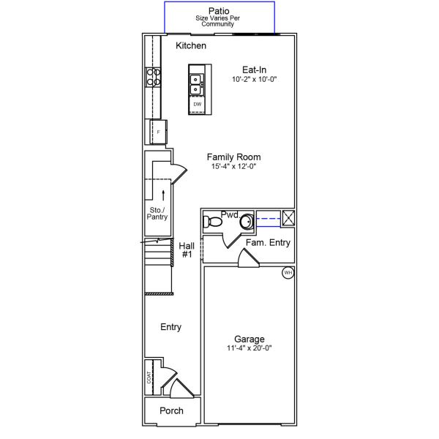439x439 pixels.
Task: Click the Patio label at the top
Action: (219, 10)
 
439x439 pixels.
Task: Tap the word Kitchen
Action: (191, 46)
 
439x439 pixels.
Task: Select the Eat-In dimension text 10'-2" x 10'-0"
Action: (255, 78)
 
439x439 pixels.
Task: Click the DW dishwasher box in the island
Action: (197, 105)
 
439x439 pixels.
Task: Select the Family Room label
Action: (233, 157)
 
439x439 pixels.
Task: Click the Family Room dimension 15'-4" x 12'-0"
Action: (233, 166)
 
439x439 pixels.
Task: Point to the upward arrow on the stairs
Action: (163, 193)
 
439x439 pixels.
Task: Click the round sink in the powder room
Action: (247, 220)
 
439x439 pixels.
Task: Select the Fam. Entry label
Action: (267, 243)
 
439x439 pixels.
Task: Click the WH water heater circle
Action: (288, 273)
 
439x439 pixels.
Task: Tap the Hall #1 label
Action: (186, 250)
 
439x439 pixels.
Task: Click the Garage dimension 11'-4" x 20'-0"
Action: (249, 348)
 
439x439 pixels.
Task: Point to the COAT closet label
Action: (149, 377)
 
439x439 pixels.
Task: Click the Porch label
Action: (171, 410)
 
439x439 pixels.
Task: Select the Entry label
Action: (170, 327)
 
